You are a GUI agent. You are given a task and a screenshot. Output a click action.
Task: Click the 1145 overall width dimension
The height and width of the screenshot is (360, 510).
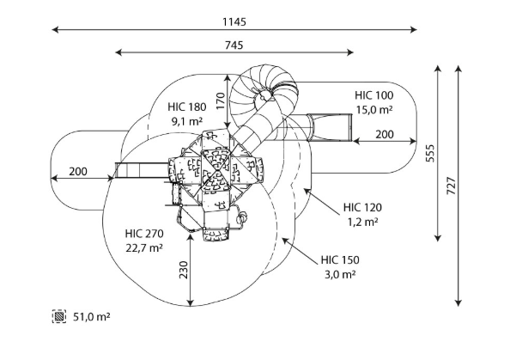pos(234,21)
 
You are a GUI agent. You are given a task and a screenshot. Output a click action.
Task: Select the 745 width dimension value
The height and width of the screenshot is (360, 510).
pos(234,45)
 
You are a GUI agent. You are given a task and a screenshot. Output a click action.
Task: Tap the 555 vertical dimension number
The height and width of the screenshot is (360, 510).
pos(430,153)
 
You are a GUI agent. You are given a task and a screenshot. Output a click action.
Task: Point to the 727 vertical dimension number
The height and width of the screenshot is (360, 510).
pos(451,186)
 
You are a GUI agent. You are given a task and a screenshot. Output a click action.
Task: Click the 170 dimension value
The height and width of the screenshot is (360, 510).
pos(221,101)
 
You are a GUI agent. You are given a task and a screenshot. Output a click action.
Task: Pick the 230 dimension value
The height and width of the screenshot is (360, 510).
pos(184,270)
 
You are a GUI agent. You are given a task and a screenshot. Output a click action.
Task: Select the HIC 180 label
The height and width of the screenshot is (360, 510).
pos(187,107)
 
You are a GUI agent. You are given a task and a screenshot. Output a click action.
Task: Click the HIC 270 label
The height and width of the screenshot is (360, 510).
pos(144,234)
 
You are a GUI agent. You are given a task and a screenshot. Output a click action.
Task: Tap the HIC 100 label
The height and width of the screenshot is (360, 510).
pos(374,95)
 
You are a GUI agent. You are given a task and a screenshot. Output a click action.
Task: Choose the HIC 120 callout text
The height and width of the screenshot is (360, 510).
pos(362,207)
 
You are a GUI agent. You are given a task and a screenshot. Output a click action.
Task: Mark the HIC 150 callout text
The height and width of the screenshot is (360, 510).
pos(340,260)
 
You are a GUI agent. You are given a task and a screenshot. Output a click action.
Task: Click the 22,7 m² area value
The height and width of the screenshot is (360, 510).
pos(144,248)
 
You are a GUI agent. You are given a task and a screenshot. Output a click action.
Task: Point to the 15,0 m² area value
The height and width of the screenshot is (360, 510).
pos(374,110)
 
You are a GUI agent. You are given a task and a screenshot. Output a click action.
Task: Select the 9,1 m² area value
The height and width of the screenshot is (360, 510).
pos(187,121)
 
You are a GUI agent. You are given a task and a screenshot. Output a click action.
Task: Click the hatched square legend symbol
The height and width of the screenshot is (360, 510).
pos(59,316)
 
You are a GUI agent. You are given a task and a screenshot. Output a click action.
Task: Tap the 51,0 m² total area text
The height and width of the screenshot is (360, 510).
pos(91,317)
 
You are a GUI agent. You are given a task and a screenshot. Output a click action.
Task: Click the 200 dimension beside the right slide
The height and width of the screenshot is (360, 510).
pos(385,134)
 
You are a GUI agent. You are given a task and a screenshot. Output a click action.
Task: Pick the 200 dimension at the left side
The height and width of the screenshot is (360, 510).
pos(78,172)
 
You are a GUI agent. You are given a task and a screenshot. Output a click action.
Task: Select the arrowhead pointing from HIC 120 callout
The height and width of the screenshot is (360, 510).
pos(307,192)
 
